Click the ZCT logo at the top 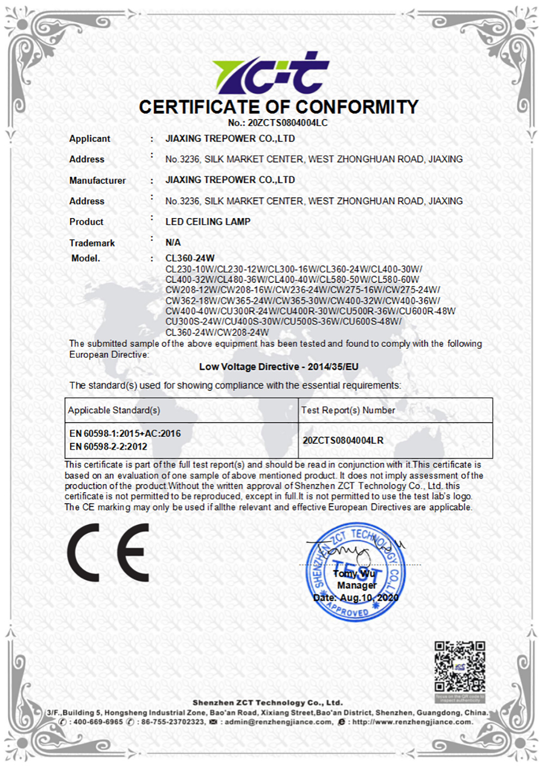(270, 73)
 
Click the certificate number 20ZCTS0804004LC (288, 123)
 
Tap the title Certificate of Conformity (279, 107)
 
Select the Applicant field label (90, 139)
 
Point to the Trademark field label (92, 243)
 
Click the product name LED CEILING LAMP (208, 222)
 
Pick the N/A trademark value (173, 243)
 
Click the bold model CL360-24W (190, 258)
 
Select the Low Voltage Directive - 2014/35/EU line (279, 367)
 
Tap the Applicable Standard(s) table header (114, 410)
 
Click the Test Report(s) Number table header (348, 410)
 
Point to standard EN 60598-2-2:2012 (108, 446)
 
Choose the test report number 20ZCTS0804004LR (343, 440)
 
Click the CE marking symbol (108, 553)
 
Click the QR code (459, 667)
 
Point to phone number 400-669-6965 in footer (98, 722)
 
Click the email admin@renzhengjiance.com (279, 722)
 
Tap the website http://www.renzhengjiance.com (412, 722)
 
